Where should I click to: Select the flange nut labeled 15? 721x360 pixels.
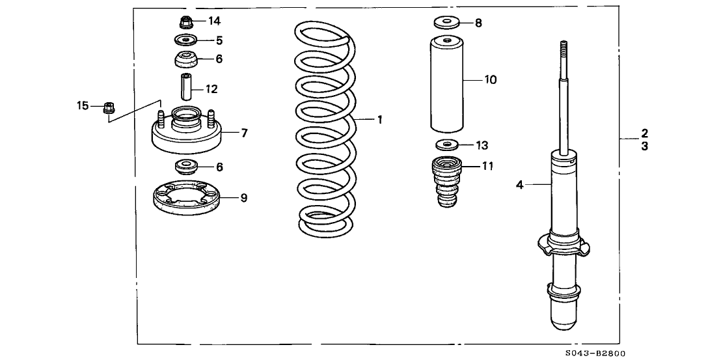coord(108,107)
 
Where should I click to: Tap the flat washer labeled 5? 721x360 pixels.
coord(187,40)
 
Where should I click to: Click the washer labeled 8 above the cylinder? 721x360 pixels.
coord(445,24)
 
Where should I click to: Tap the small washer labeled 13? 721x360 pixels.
coord(445,145)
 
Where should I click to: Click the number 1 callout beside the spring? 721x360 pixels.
coord(379,120)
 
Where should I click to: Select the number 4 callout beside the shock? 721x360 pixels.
coord(520,186)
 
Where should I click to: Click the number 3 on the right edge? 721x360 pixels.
coord(644,146)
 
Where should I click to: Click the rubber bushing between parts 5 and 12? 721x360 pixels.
coord(187,61)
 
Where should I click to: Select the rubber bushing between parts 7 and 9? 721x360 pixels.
coord(187,166)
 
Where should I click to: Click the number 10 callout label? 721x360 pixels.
coord(489,80)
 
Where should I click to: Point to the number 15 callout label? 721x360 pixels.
coord(82,105)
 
